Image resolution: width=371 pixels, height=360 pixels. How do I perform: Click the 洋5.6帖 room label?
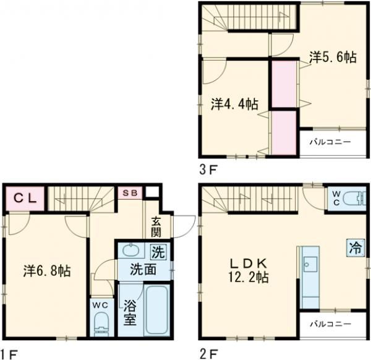point(332,58)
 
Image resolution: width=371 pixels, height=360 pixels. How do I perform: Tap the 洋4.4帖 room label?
point(234,103)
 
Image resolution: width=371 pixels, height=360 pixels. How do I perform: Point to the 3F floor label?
point(208,168)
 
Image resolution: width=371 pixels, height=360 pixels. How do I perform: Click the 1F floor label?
point(9,354)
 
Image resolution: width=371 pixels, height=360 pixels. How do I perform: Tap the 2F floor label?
point(208,354)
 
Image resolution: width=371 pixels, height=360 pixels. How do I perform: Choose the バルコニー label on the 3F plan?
point(330,142)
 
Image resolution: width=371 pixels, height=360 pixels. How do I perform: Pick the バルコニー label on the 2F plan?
point(330,324)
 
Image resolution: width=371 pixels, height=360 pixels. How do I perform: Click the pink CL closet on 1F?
point(25,199)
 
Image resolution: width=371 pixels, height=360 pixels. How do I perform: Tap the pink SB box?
point(130,193)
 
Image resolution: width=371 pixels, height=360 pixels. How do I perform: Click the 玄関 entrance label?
point(156,226)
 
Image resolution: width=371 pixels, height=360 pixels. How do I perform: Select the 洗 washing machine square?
point(158,252)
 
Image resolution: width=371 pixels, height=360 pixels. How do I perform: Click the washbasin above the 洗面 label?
point(131,251)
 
